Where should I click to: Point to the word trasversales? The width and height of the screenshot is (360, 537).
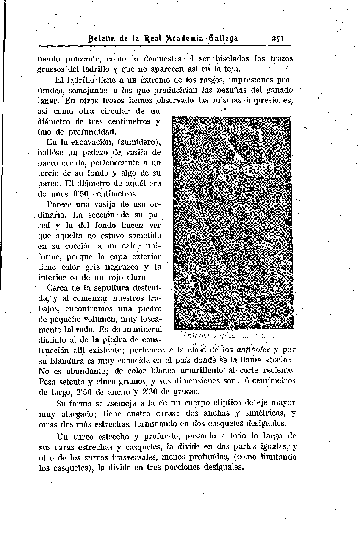coord(137,457)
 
